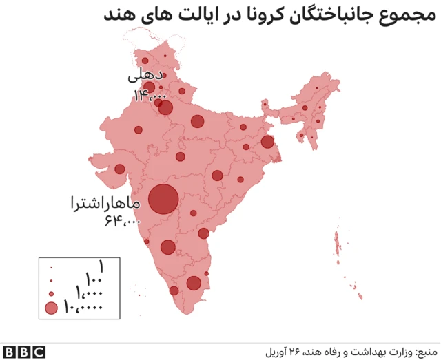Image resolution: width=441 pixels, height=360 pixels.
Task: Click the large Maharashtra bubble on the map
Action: coord(164,200)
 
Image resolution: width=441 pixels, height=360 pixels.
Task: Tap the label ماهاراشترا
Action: coord(104,204)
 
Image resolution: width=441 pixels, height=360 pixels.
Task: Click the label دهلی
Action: coord(147,74)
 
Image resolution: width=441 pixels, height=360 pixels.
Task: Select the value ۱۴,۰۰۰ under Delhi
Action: coord(150,96)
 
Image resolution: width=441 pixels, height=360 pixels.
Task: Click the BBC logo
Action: coord(23,351)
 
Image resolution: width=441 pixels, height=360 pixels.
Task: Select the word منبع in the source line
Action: coord(427,350)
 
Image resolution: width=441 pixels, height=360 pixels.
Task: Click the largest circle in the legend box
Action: coord(52,308)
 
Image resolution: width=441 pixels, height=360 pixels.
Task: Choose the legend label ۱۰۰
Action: coord(94,279)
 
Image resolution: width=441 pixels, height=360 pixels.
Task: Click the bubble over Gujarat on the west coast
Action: coord(119,169)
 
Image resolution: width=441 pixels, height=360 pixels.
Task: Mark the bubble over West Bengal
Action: coord(267,142)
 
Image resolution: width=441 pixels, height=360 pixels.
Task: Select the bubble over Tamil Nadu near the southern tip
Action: coord(194,283)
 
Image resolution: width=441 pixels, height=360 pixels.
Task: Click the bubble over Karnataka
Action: coord(167,247)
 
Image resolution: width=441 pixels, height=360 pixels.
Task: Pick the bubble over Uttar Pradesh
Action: coord(198,122)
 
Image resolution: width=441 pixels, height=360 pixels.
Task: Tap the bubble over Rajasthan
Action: coord(138,129)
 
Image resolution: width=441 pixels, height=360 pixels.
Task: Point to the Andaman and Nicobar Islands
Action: coord(339,244)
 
